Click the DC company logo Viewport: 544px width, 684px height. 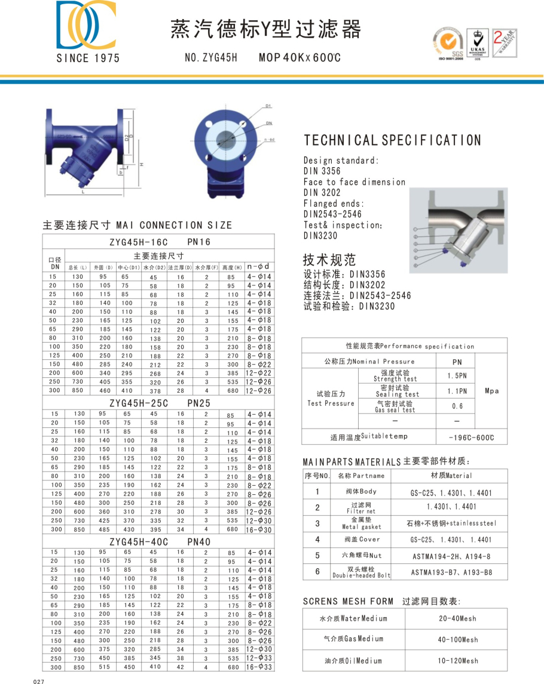tap(86, 26)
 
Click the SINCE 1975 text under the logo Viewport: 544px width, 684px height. tap(88, 58)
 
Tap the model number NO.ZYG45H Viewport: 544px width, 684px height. tap(211, 58)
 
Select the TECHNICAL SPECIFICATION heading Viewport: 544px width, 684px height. tap(392, 140)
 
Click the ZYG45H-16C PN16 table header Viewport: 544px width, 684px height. tap(160, 242)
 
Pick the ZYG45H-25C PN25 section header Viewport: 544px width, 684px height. tap(160, 403)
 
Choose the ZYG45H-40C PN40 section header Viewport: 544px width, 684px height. tap(160, 542)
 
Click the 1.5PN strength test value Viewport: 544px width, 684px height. tap(457, 376)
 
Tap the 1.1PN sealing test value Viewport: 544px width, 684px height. tap(457, 391)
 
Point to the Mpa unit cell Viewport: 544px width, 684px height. tap(491, 391)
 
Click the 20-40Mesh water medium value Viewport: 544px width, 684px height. tap(457, 618)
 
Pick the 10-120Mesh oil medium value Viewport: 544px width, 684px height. tap(457, 661)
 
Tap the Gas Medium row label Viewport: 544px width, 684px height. tap(353, 639)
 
